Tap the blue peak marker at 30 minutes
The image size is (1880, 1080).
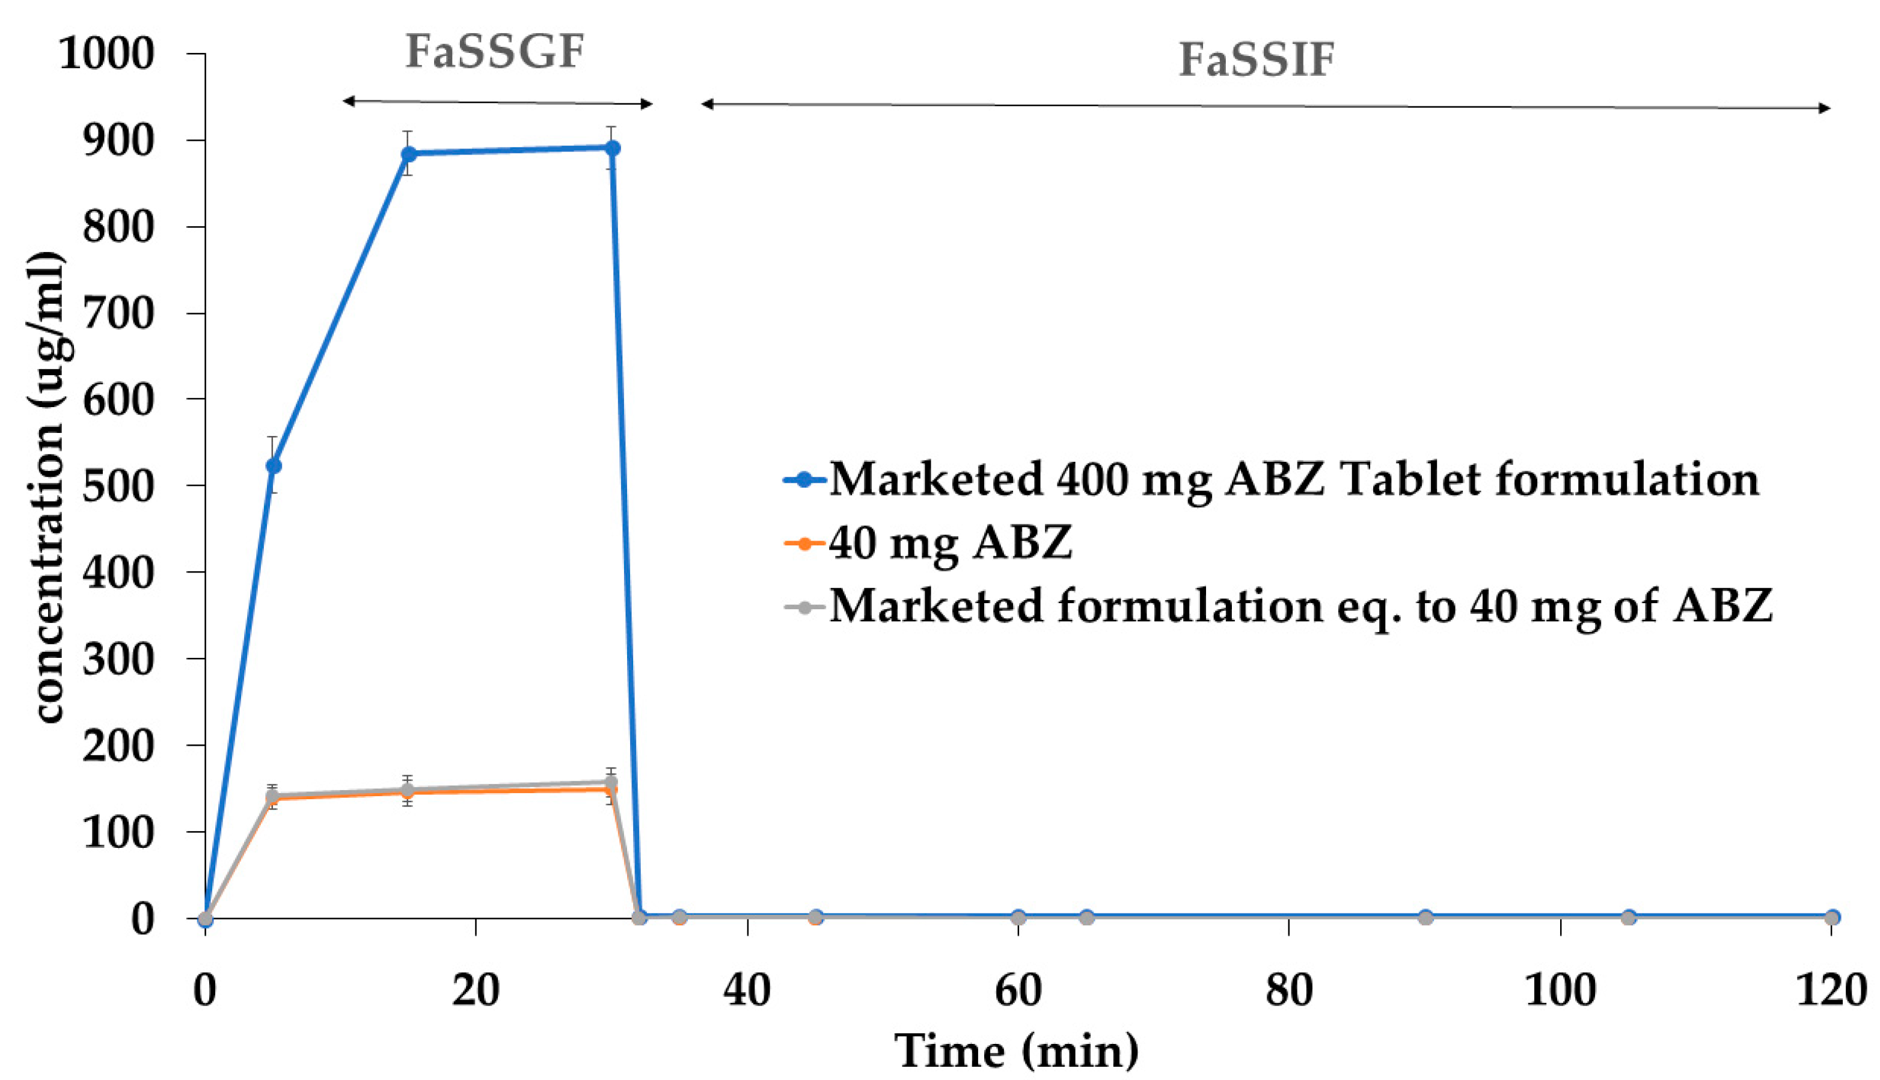pos(612,149)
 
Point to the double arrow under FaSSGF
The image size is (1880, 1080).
pos(497,102)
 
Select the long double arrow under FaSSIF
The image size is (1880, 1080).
pos(1265,106)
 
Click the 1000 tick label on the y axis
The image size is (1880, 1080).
pos(106,54)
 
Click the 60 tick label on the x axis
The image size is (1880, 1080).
pos(1018,990)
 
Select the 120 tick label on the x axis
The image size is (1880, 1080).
pos(1830,990)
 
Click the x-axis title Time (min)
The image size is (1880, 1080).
pos(1016,1052)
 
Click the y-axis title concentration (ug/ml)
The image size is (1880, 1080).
pos(48,486)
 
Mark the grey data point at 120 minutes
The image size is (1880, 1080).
pos(1832,918)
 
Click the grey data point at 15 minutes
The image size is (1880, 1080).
pos(407,791)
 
